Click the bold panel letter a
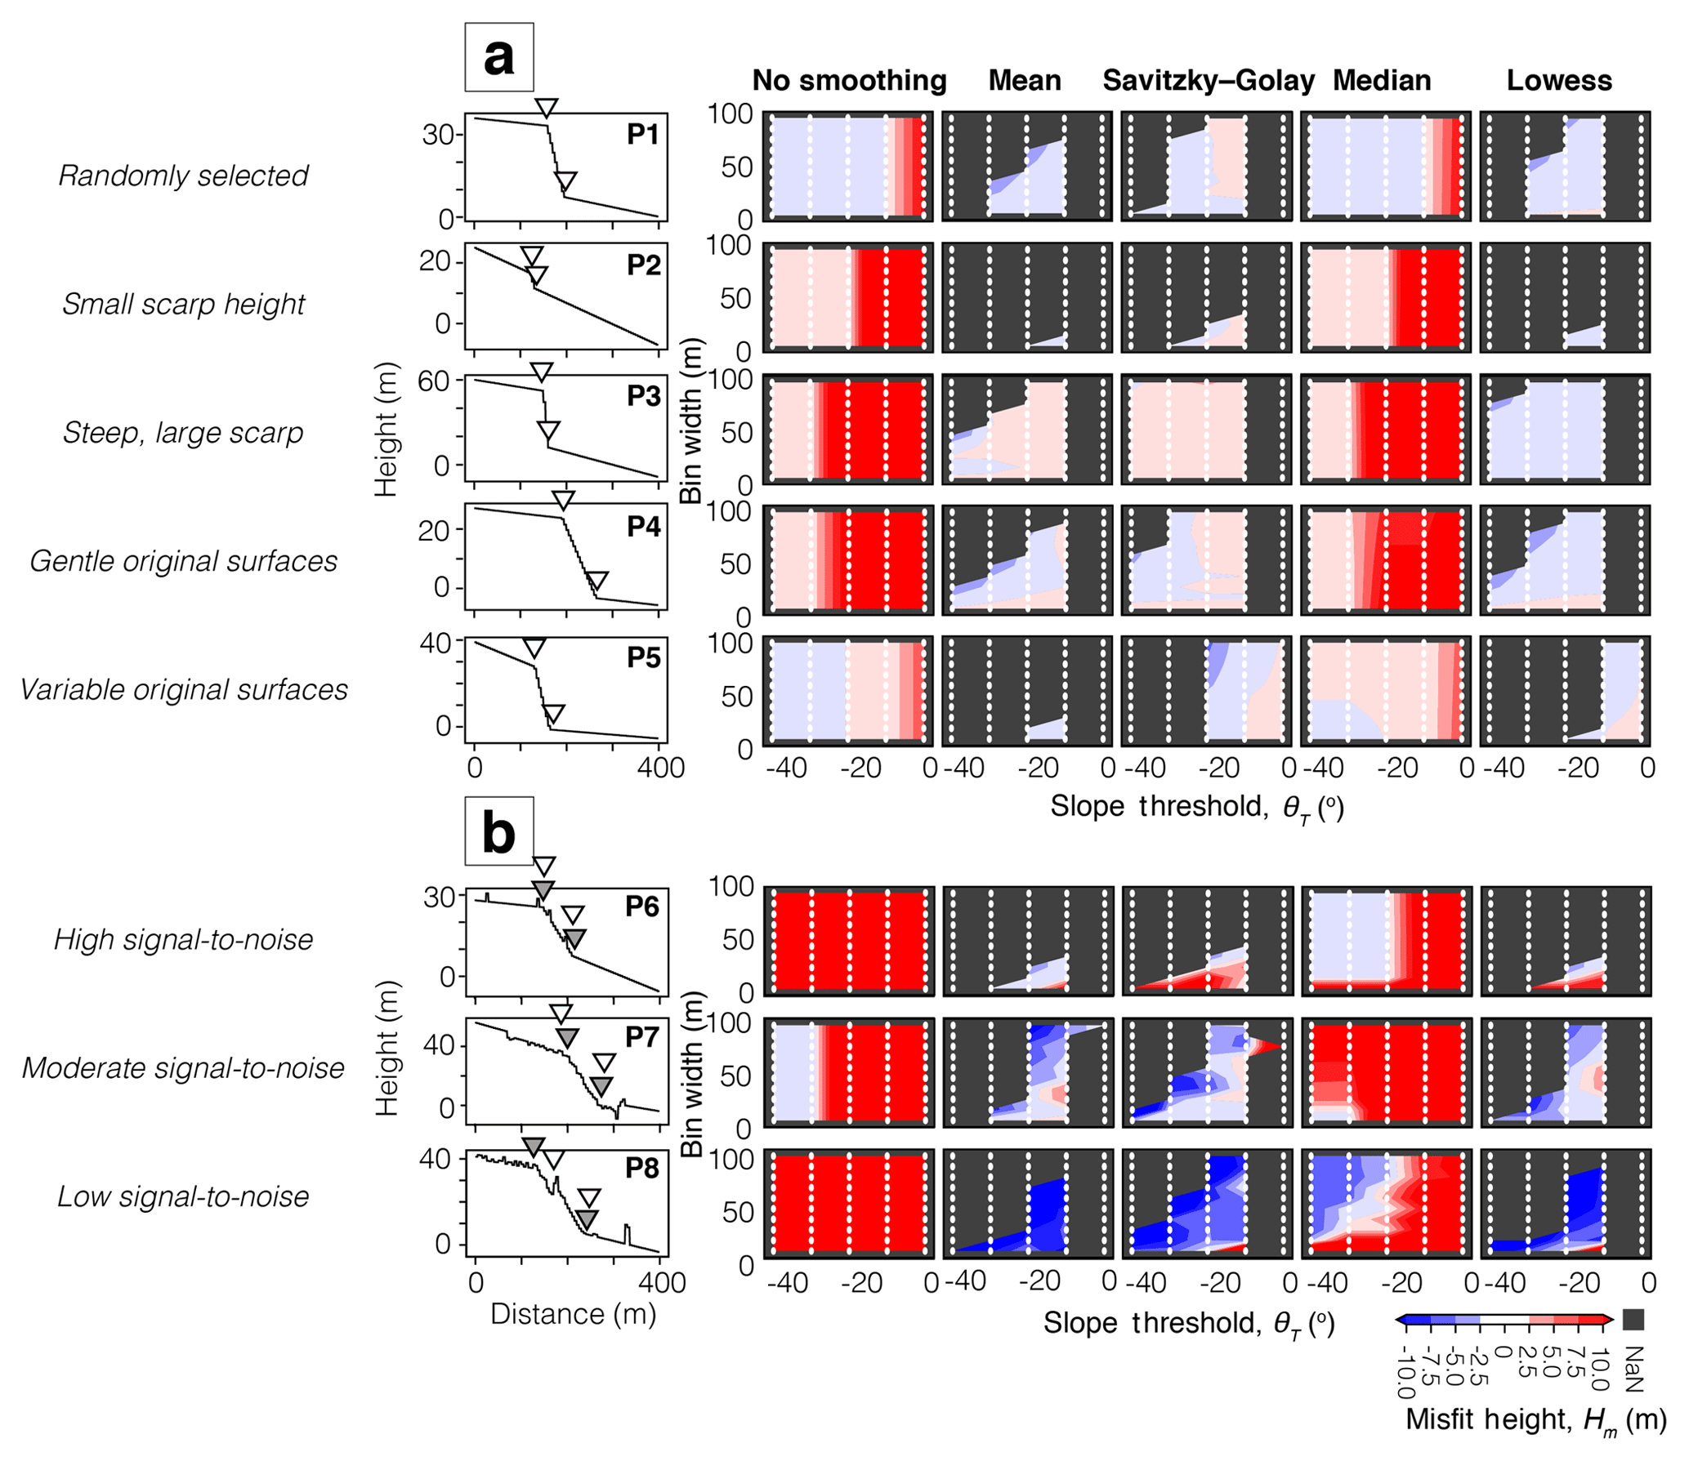click(498, 57)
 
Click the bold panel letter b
click(498, 831)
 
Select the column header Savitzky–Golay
click(1208, 80)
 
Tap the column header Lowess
click(1558, 80)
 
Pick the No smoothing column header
click(849, 80)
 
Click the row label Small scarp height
click(183, 304)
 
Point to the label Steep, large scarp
click(183, 432)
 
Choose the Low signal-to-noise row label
click(183, 1196)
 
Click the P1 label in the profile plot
click(643, 134)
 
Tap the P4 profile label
click(643, 527)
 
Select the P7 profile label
click(642, 1037)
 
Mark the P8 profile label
click(642, 1168)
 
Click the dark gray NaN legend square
click(1633, 1319)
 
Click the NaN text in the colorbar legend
click(1633, 1369)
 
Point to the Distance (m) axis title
click(573, 1314)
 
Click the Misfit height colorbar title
click(1535, 1419)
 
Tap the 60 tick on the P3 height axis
click(434, 381)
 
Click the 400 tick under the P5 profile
click(660, 768)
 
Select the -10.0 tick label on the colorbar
click(1405, 1372)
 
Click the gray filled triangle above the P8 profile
click(533, 1146)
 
